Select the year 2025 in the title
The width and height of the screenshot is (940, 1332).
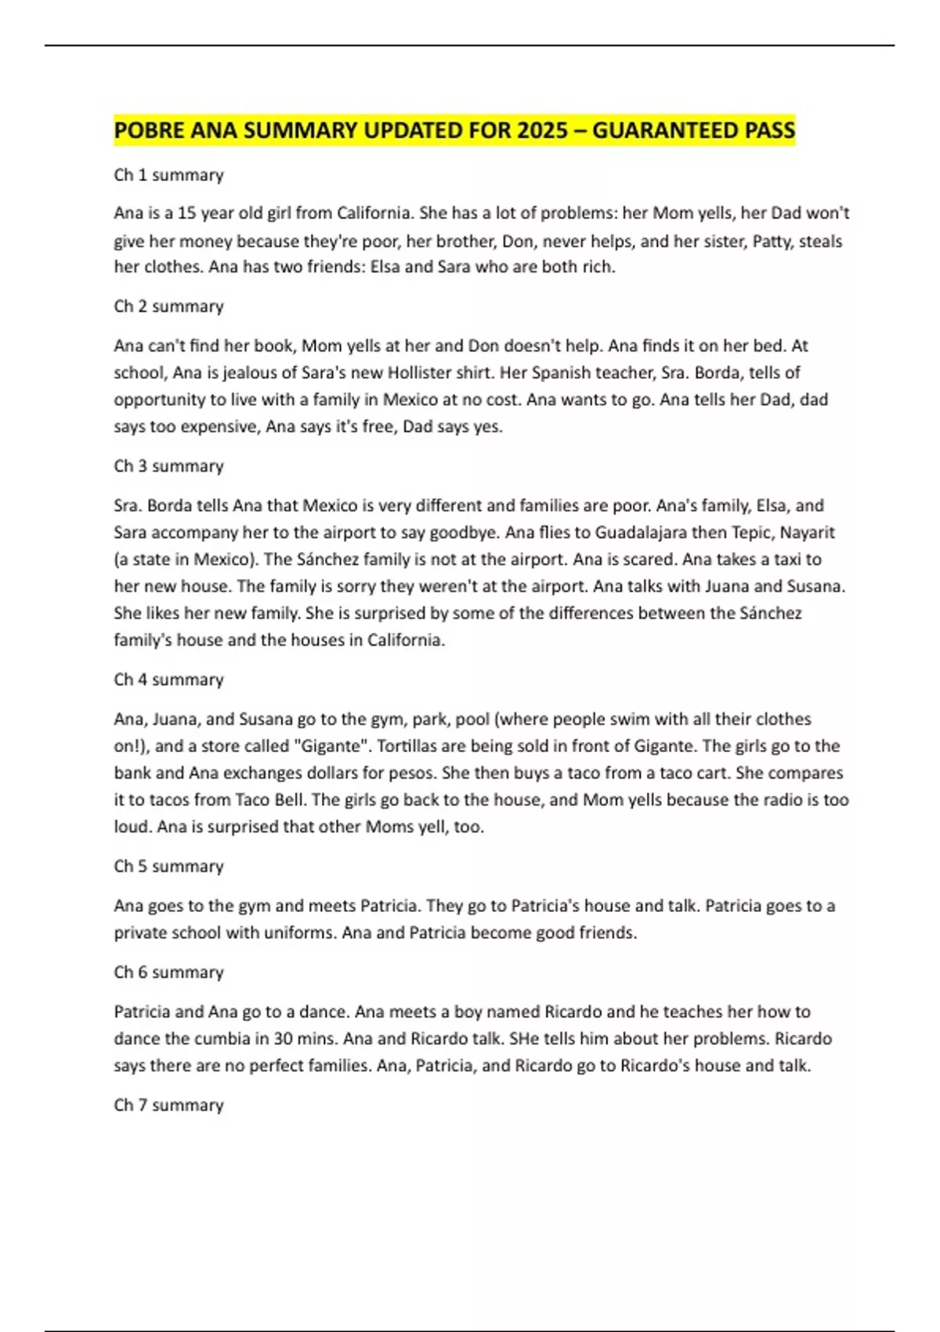click(x=542, y=130)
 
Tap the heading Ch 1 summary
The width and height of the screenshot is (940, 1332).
click(x=168, y=175)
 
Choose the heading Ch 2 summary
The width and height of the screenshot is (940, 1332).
click(x=168, y=306)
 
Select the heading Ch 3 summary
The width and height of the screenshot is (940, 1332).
click(x=168, y=466)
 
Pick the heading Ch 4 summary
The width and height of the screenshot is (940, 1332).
click(x=168, y=679)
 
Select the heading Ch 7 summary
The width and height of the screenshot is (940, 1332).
click(x=168, y=1106)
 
